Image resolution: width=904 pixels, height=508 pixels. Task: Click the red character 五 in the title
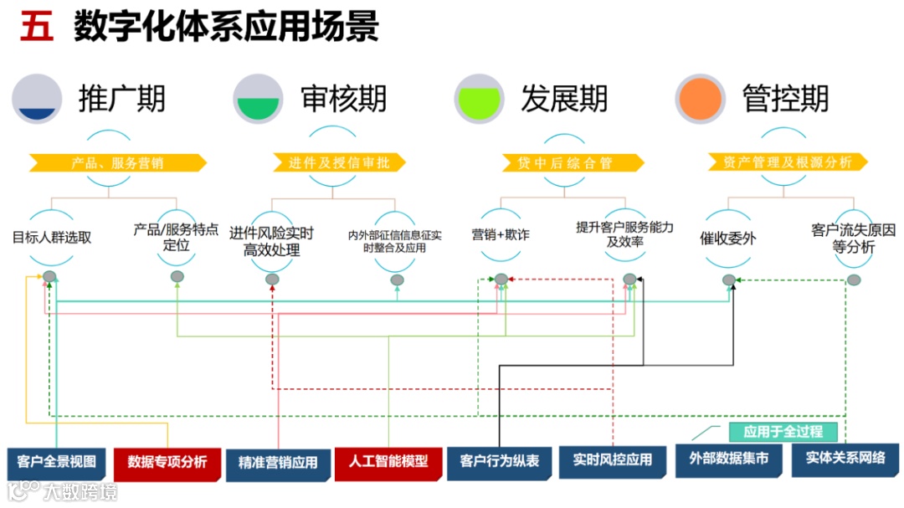tap(37, 27)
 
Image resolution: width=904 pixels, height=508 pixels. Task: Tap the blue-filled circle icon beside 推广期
tap(37, 99)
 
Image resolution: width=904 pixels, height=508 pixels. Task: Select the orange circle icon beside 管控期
tap(701, 99)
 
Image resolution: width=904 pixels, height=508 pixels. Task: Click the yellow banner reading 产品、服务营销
tap(117, 162)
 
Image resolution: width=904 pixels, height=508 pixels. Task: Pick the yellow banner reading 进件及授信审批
tap(339, 162)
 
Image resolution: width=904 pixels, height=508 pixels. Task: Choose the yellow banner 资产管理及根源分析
tap(787, 162)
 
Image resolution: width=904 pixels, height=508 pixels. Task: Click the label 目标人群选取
tap(52, 237)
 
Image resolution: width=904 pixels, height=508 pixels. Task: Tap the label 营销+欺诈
tap(501, 235)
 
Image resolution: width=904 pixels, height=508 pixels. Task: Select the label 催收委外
tap(727, 239)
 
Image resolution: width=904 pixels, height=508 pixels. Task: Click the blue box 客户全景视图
tap(57, 461)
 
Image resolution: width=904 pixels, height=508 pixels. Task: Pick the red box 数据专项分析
tap(167, 462)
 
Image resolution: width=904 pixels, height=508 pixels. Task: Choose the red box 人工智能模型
tap(388, 461)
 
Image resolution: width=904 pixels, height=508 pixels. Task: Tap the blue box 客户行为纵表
tap(500, 461)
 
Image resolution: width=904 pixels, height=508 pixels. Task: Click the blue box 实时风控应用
tap(613, 460)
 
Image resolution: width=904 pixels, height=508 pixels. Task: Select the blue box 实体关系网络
tap(845, 459)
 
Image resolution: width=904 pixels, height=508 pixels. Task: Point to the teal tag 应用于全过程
tap(783, 432)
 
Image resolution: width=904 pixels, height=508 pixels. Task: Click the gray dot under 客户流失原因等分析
tap(853, 280)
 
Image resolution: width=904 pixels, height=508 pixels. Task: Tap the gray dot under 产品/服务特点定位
tap(177, 276)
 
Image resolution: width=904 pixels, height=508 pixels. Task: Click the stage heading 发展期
tap(564, 99)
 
